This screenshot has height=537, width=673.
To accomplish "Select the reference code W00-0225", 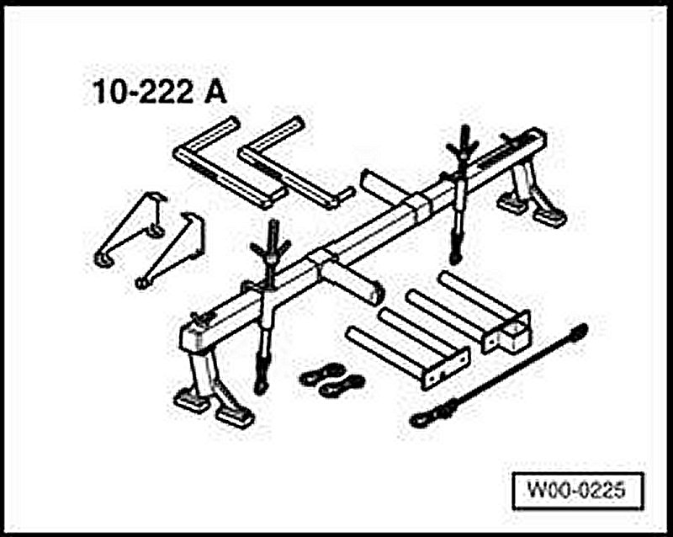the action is (x=577, y=489).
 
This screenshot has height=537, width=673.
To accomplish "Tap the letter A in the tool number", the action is (x=215, y=92).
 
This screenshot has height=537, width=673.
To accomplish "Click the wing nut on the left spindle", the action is (x=272, y=247).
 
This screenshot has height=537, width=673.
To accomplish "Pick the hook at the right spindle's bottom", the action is (x=456, y=253).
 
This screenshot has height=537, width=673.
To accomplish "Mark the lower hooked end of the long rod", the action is (x=421, y=416).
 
